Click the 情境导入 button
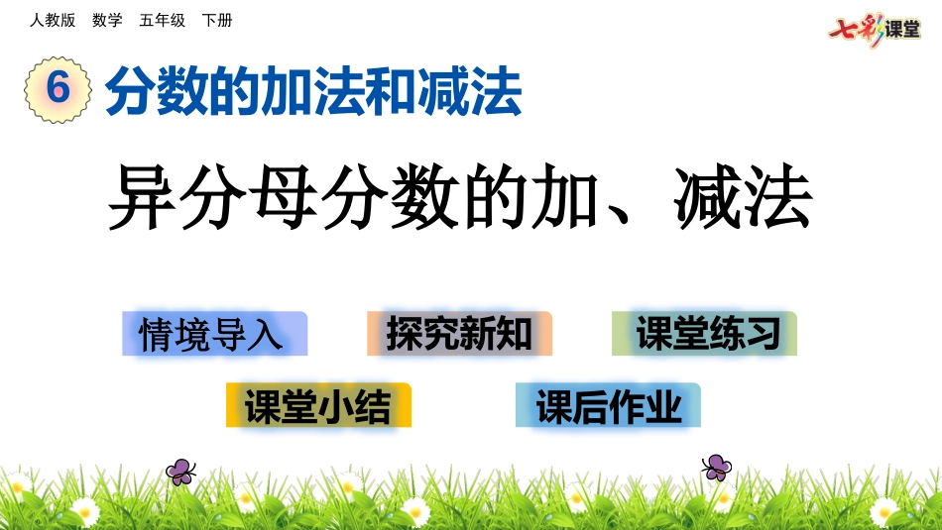coord(214,334)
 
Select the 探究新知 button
coord(459,334)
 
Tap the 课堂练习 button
coord(704,334)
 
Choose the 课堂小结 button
coord(318,405)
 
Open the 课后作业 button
coord(608,405)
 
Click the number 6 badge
coord(58,89)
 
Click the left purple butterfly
coord(180,472)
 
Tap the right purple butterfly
coord(716,468)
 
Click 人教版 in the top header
coord(53,20)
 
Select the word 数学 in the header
coord(107,20)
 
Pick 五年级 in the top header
coord(162,20)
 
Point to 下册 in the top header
coord(216,20)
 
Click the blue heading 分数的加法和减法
coord(313,91)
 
